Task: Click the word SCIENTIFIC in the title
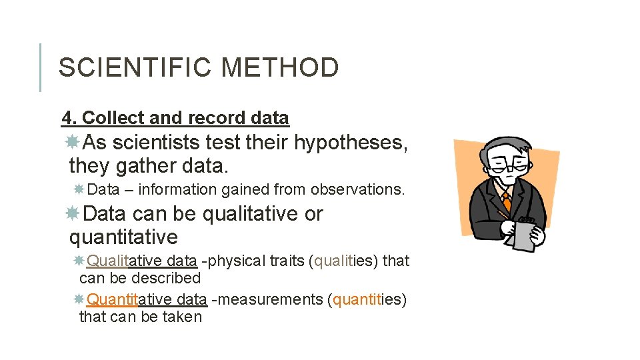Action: [135, 68]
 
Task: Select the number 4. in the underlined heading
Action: [69, 118]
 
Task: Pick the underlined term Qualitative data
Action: [141, 261]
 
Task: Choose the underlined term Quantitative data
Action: [147, 299]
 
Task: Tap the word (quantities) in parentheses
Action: [367, 299]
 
